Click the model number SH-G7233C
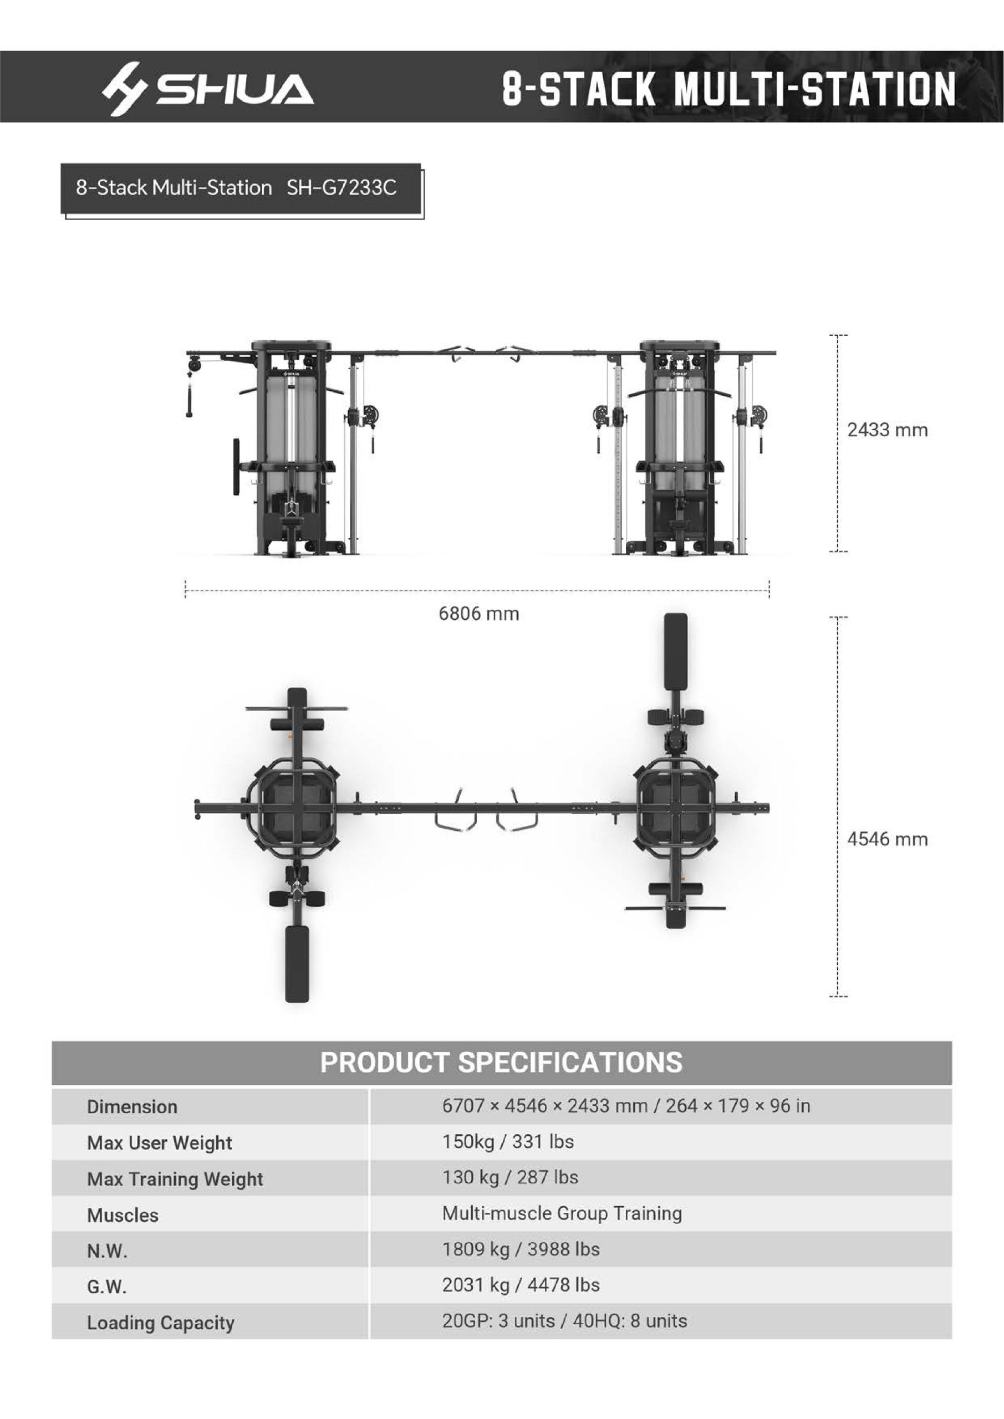point(342,187)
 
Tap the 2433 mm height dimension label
point(887,430)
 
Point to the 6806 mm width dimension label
point(478,614)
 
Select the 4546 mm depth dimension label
point(887,839)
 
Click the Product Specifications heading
point(501,1063)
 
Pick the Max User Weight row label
point(160,1143)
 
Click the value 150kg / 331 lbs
point(508,1141)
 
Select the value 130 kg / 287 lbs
point(510,1177)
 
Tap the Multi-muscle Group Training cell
point(562,1213)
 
